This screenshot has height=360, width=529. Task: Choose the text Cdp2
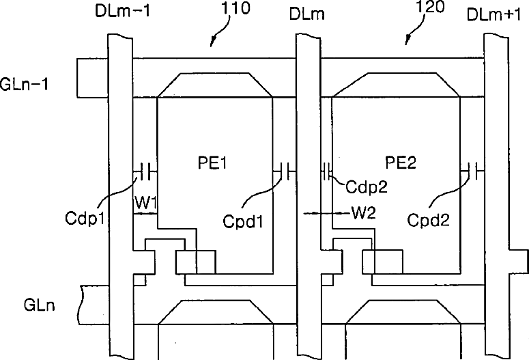pos(364,186)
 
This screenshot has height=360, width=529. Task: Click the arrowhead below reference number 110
pos(212,44)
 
